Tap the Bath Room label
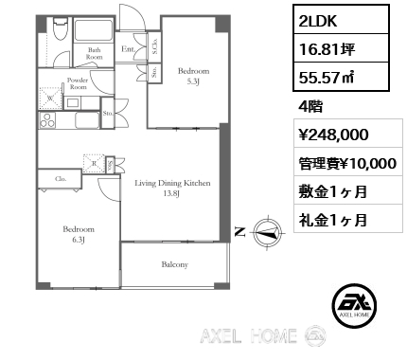pyautogui.click(x=94, y=53)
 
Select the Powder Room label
pyautogui.click(x=78, y=83)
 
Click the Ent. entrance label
pyautogui.click(x=129, y=49)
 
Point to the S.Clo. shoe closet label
pyautogui.click(x=155, y=45)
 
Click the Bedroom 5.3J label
pyautogui.click(x=193, y=76)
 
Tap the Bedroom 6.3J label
pyautogui.click(x=79, y=234)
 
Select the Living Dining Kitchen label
pyautogui.click(x=172, y=188)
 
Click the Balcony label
pyautogui.click(x=175, y=264)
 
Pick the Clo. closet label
pyautogui.click(x=61, y=179)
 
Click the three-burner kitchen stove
pyautogui.click(x=47, y=120)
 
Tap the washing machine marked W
pyautogui.click(x=50, y=99)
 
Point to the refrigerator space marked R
pyautogui.click(x=94, y=164)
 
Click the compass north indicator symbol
pyautogui.click(x=268, y=233)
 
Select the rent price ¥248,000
pyautogui.click(x=333, y=135)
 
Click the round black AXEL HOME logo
pyautogui.click(x=354, y=305)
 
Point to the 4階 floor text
pyautogui.click(x=310, y=107)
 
